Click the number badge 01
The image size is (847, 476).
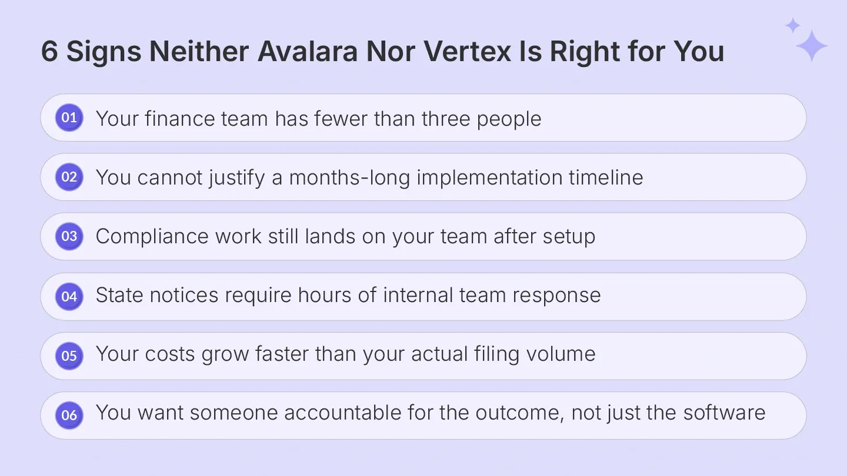(69, 118)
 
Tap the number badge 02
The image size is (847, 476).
(69, 177)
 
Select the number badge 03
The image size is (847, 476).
(69, 236)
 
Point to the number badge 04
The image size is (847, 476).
(69, 296)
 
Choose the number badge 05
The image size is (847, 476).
(69, 356)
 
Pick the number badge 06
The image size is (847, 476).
(69, 415)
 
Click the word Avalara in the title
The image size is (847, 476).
(308, 52)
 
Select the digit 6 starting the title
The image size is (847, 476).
(49, 52)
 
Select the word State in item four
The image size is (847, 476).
(119, 296)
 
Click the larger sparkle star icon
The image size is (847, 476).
(812, 46)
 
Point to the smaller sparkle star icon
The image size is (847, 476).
(793, 25)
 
